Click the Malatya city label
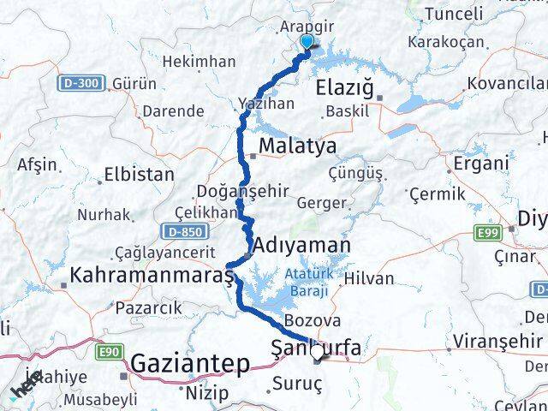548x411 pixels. point(298,146)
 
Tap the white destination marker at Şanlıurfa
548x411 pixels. point(318,351)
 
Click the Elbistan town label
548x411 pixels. point(138,174)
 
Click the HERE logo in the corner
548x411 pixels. point(26,390)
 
